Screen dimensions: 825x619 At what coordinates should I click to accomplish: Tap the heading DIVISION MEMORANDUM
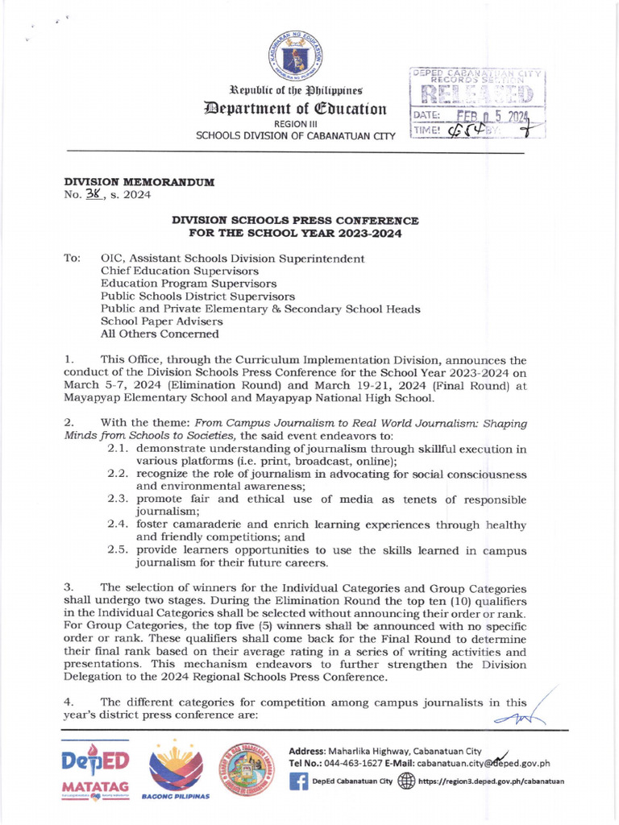(139, 182)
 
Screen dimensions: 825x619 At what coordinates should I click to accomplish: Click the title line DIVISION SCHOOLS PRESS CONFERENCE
(295, 220)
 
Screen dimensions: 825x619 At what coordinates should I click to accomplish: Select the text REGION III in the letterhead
(296, 124)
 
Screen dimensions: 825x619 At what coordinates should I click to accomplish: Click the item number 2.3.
(121, 500)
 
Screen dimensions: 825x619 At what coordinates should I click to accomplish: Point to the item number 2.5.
(121, 549)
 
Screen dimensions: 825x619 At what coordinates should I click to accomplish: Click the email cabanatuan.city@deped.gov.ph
(484, 764)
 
